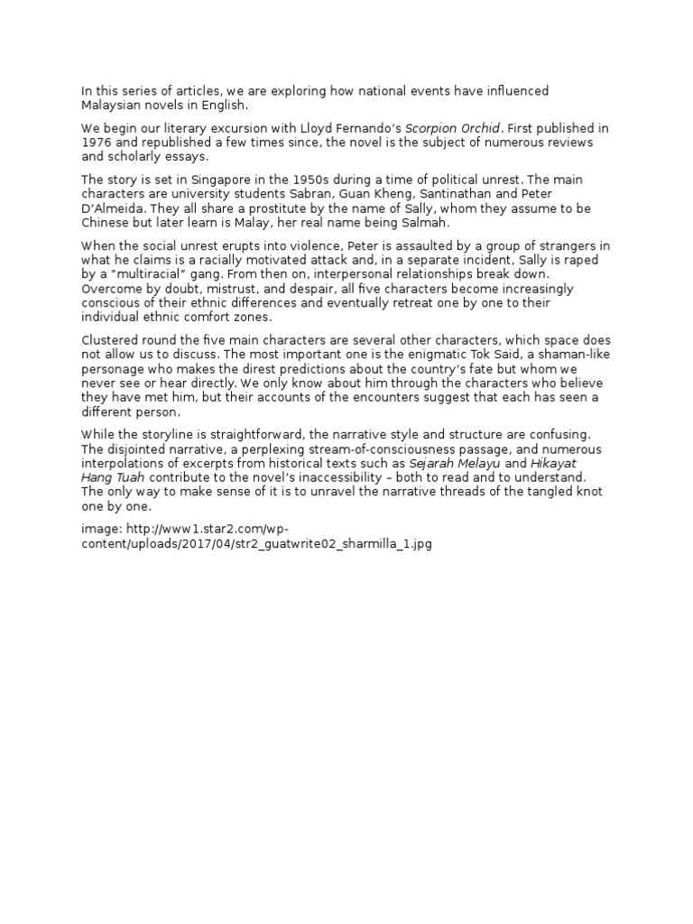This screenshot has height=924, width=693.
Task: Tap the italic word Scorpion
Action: [x=432, y=128]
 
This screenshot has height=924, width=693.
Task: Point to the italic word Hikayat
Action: [x=559, y=463]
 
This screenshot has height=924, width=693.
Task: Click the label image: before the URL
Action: [x=100, y=530]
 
